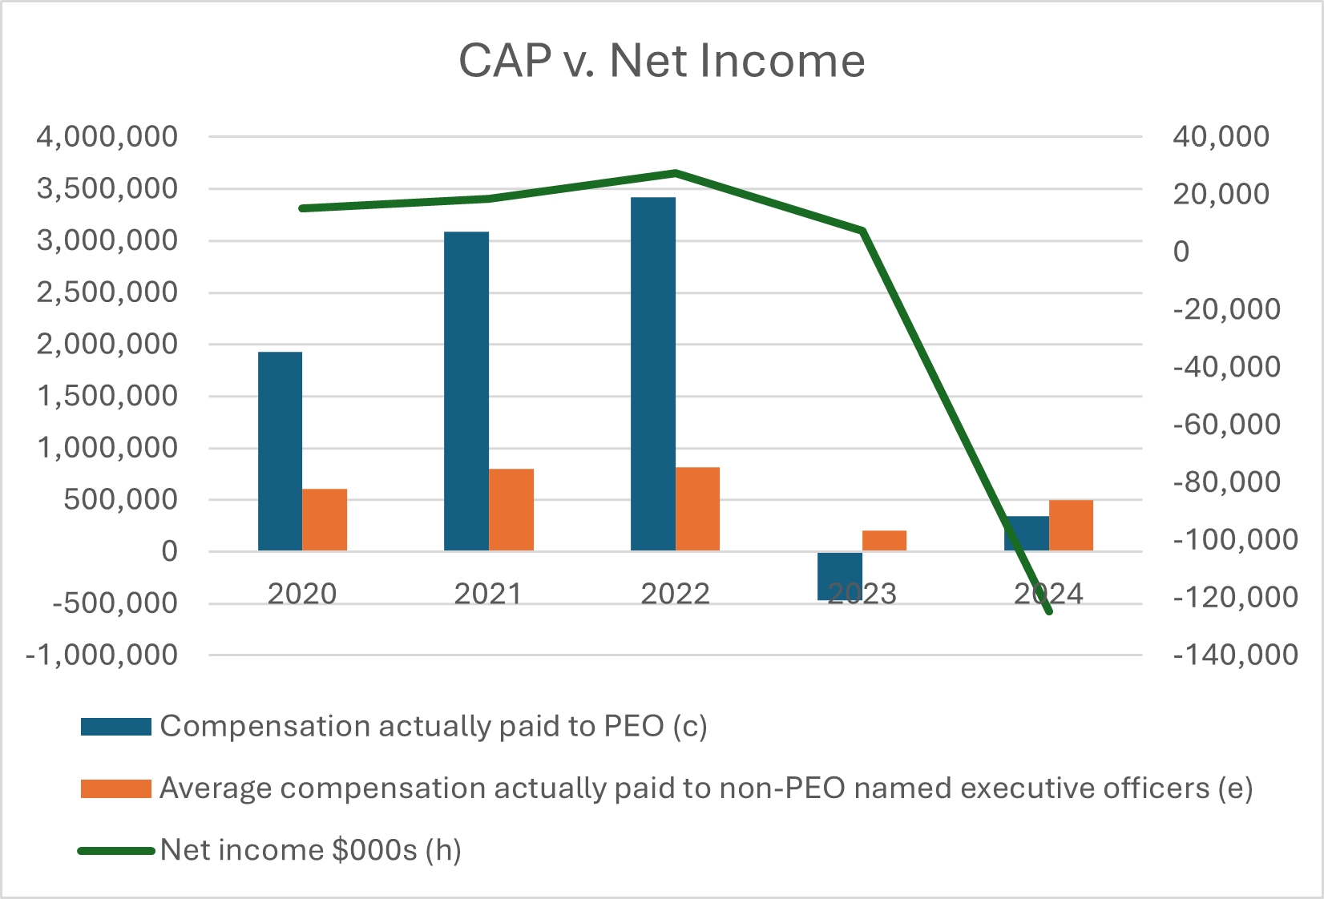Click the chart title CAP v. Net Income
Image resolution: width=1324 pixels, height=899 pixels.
[x=661, y=60]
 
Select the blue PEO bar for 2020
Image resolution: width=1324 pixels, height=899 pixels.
[x=280, y=451]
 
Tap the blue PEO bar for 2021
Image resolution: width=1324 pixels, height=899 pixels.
[x=466, y=391]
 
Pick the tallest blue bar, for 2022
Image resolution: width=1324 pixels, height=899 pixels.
[x=652, y=373]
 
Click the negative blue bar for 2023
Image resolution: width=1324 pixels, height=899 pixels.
[x=839, y=575]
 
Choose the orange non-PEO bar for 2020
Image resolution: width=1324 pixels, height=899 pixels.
[x=325, y=519]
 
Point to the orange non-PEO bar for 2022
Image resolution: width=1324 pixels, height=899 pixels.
[x=697, y=509]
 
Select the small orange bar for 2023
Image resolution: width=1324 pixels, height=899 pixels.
[x=884, y=540]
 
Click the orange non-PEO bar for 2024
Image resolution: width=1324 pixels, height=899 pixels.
[x=1071, y=525]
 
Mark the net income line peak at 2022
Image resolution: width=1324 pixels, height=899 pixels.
[x=675, y=172]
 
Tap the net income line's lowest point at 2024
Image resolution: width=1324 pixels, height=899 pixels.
[x=1048, y=611]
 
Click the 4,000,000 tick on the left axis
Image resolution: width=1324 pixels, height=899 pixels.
[x=107, y=137]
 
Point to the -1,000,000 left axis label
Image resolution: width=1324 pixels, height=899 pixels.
[x=102, y=655]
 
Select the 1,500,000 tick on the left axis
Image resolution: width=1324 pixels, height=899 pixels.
[x=107, y=396]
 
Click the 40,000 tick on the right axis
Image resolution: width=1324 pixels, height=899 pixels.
[x=1221, y=137]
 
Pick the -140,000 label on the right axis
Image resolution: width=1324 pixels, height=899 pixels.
[x=1235, y=655]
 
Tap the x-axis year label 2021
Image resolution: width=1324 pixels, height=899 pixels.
[x=487, y=594]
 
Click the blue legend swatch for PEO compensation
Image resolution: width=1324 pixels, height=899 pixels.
[x=116, y=727]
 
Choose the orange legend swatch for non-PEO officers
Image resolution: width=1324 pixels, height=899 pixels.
[x=116, y=789]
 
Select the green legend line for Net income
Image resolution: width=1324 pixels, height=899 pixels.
[x=116, y=851]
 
